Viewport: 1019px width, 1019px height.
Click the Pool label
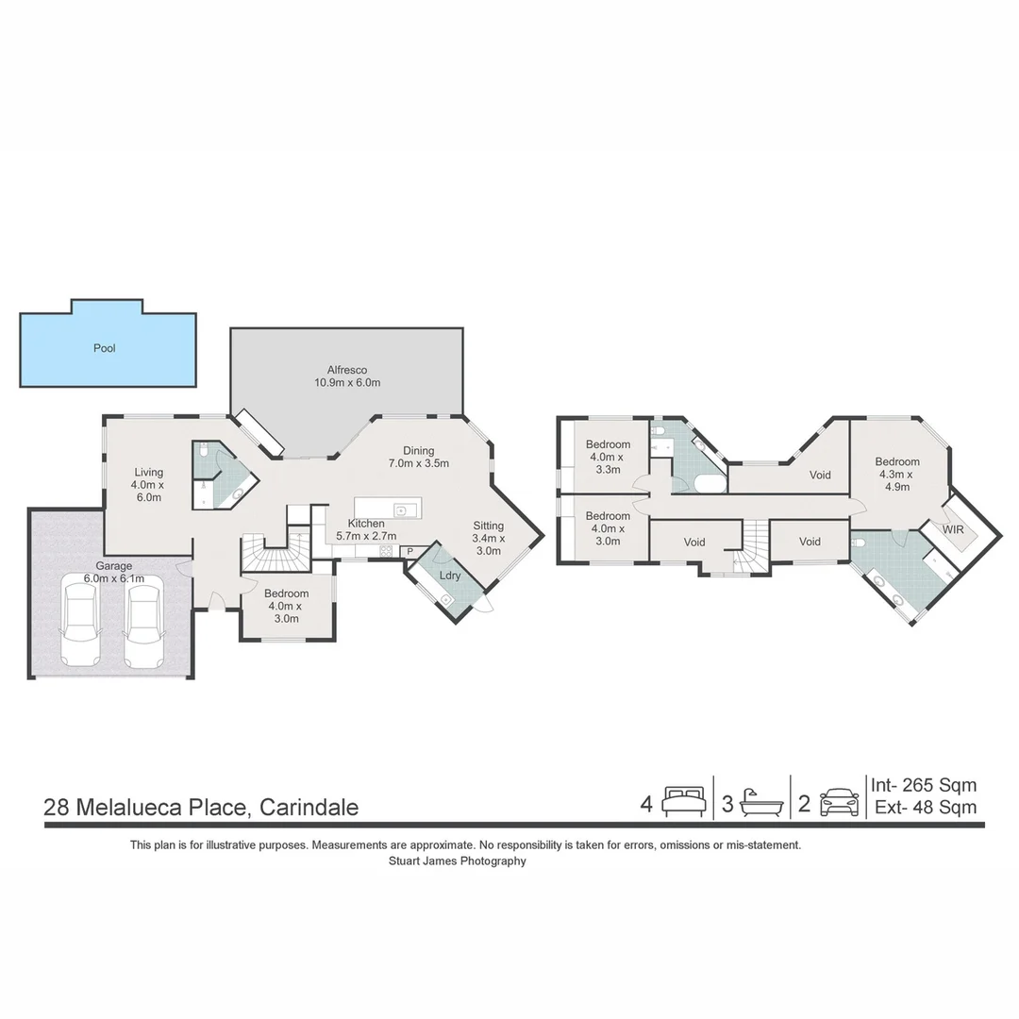tap(104, 348)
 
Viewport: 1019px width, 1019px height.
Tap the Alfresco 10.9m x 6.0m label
tap(347, 376)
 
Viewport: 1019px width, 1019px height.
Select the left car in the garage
tap(80, 625)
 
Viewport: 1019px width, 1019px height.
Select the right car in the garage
tap(143, 625)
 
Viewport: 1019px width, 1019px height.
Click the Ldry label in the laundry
tap(449, 576)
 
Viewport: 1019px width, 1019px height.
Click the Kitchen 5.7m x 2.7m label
tap(366, 529)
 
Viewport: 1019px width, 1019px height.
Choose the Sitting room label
tap(489, 538)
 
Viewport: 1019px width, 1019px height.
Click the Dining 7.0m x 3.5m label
tap(418, 457)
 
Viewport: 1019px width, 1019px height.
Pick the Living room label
tap(148, 485)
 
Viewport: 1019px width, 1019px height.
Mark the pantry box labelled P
tap(410, 552)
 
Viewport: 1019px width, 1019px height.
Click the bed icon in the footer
tap(683, 802)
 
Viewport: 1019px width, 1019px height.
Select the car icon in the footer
tap(839, 803)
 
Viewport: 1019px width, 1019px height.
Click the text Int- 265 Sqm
tap(923, 785)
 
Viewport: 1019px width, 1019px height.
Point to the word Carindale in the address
tap(309, 808)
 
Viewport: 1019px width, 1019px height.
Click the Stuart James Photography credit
tap(458, 860)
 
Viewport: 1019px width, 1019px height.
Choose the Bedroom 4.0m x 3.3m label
tap(608, 457)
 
